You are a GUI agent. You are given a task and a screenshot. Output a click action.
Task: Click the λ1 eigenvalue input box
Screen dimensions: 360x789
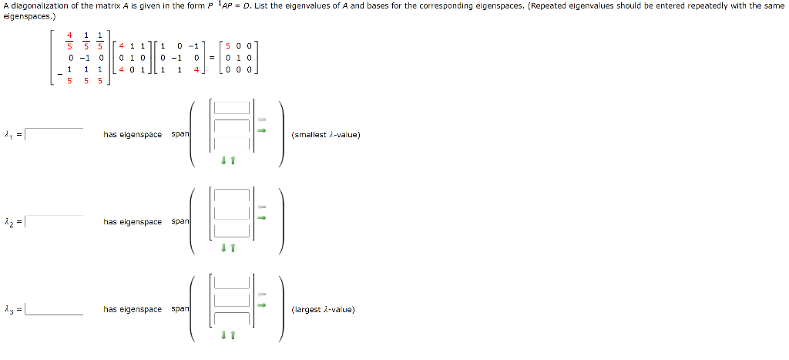[54, 135]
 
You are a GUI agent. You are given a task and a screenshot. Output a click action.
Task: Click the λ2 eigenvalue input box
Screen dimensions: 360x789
[54, 222]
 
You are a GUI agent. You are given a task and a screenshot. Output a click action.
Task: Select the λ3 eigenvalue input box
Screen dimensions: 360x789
[54, 309]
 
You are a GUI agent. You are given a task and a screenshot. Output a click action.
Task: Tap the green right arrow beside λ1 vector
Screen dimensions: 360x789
[261, 130]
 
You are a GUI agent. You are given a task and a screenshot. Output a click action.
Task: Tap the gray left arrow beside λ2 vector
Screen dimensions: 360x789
[261, 207]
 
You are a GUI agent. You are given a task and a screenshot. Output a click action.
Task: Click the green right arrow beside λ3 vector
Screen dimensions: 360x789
[261, 304]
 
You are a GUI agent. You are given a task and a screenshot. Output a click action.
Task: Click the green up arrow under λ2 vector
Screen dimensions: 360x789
[231, 247]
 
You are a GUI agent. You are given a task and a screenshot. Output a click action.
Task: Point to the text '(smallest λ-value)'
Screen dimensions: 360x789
[326, 135]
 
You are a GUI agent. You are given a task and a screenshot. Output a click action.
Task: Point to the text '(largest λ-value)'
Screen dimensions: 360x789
[323, 310]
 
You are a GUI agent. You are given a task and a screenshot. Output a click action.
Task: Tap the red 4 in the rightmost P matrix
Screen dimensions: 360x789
[196, 69]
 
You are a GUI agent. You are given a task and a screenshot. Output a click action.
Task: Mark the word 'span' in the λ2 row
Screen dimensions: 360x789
[180, 222]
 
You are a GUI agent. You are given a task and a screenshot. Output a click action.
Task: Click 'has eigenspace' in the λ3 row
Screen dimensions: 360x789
[133, 310]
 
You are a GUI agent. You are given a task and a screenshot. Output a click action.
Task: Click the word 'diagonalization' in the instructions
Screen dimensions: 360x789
[35, 5]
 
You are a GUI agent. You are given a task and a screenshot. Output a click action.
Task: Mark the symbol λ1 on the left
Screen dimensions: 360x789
[8, 136]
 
